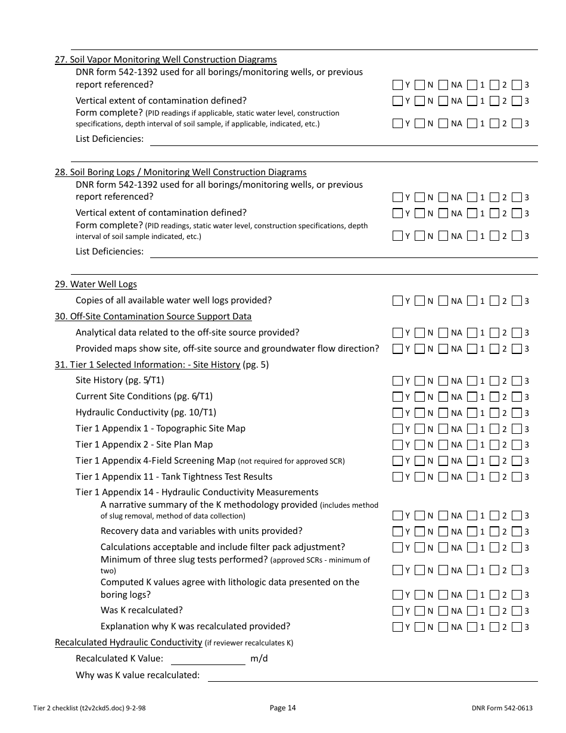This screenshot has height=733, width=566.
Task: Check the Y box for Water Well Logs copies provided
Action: pos(397,301)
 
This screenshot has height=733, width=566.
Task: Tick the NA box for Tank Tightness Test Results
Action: pos(443,477)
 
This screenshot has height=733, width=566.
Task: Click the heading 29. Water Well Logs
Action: pos(96,284)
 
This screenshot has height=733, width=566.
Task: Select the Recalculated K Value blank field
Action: pos(208,659)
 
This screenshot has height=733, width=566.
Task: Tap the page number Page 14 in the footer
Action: pos(282,708)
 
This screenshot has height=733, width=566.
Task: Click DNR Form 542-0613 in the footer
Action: pos(502,708)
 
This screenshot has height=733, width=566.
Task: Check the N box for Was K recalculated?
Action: pos(420,610)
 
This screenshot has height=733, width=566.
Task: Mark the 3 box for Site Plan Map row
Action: pos(517,445)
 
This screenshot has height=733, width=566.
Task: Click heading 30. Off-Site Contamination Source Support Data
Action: pos(153,316)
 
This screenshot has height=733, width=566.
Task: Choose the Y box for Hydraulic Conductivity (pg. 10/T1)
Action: pos(397,412)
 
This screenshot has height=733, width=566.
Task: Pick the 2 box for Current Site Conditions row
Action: pos(494,396)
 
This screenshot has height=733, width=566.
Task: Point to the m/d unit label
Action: pos(259,659)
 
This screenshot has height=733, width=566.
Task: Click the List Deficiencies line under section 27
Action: pos(343,139)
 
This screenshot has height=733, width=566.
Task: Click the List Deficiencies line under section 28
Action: pos(343,252)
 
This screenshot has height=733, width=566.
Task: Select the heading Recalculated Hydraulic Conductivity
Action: pos(128,642)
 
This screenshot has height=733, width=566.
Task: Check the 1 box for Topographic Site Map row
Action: pos(472,428)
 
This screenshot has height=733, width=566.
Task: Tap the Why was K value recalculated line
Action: pos(372,676)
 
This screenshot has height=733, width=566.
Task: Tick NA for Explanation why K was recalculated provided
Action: pos(443,626)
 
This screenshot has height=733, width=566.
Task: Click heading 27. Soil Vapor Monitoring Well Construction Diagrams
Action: pos(166,60)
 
